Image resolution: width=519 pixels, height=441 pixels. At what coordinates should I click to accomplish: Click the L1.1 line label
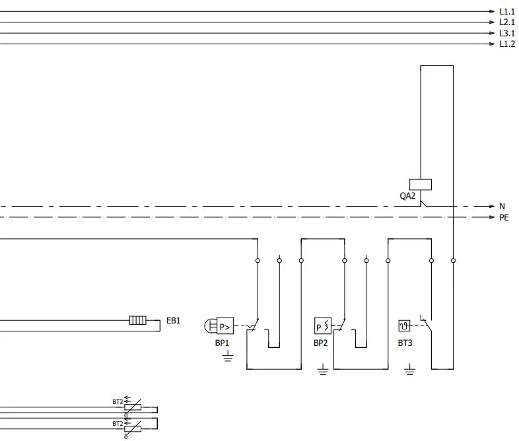[506, 12]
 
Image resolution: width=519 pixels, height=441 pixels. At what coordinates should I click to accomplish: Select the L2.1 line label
[506, 22]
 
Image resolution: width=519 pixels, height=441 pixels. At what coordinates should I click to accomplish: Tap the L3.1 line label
[506, 33]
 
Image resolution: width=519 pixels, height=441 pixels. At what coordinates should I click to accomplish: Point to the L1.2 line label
[506, 44]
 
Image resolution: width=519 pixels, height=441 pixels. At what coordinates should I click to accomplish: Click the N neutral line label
[502, 206]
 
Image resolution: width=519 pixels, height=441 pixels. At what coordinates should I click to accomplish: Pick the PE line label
[504, 217]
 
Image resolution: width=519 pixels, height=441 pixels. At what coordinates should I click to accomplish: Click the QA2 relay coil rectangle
[421, 185]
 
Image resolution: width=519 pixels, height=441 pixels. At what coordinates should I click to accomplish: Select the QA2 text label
[407, 195]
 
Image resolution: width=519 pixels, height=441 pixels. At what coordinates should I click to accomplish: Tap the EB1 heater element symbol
[138, 321]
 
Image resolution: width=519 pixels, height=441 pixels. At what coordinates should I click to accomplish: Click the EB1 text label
[173, 321]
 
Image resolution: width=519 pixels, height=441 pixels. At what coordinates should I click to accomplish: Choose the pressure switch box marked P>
[225, 325]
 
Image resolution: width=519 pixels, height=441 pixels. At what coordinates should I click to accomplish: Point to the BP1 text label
[222, 343]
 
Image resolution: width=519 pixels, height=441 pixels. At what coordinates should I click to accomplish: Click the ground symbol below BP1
[228, 357]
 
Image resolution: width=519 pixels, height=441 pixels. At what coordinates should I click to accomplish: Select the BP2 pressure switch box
[322, 325]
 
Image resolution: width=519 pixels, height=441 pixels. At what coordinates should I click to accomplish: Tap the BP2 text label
[320, 343]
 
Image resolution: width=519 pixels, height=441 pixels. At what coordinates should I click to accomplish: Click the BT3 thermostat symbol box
[405, 325]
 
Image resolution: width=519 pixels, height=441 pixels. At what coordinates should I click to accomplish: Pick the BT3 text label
[405, 343]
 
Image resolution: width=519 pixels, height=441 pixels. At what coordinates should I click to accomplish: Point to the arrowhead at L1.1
[492, 12]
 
